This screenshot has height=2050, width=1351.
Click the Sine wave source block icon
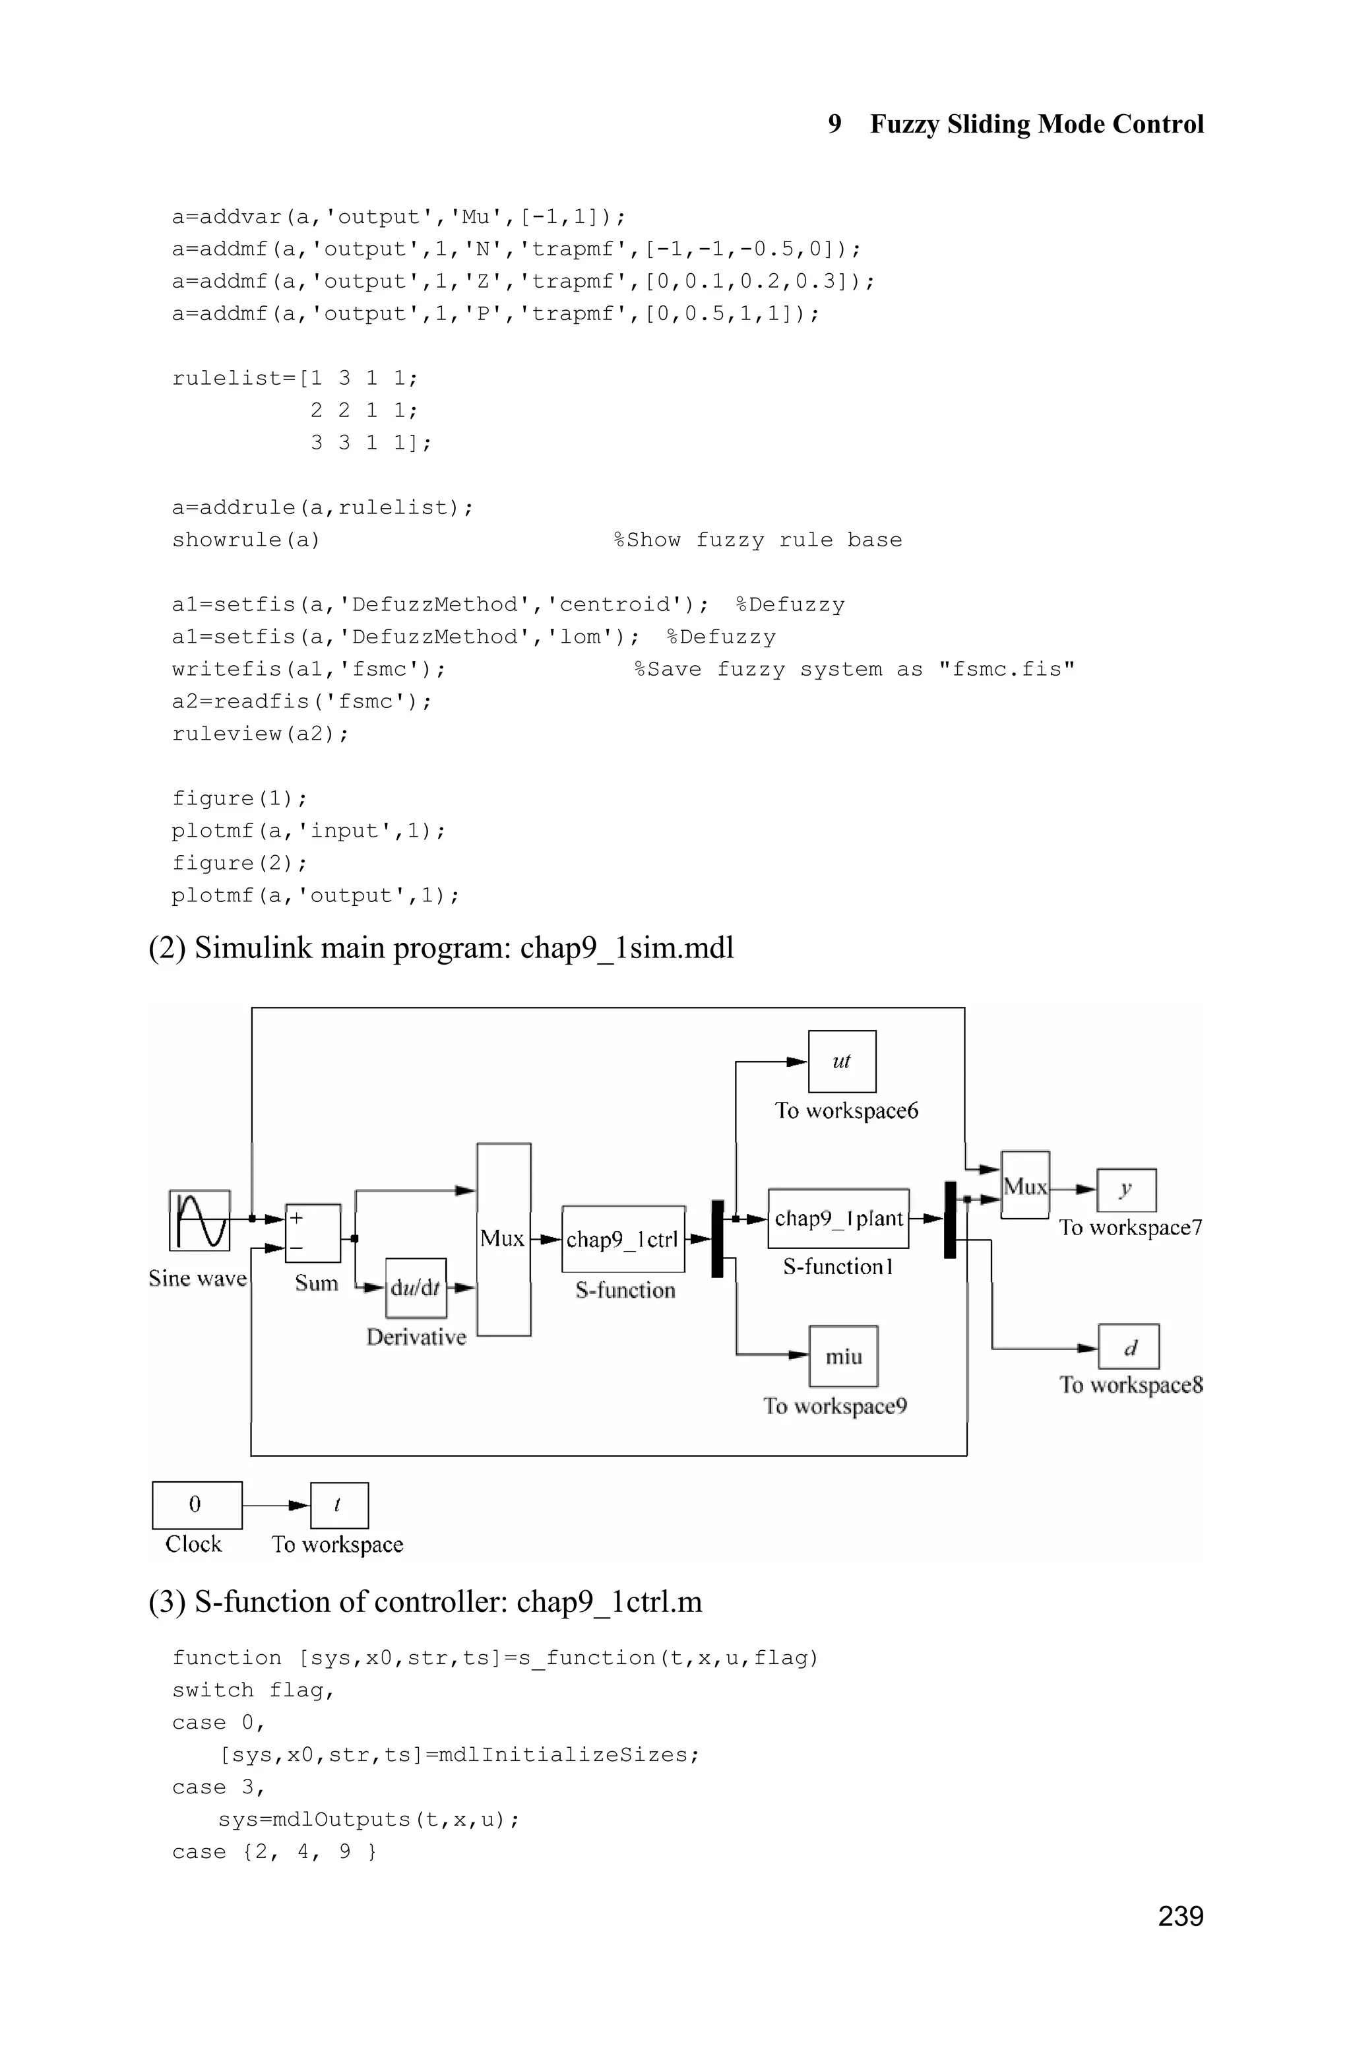coord(200,1220)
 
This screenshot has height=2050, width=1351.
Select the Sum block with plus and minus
coord(313,1233)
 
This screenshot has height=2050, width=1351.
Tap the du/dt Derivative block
coord(416,1287)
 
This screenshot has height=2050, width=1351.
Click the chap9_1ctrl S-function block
coord(623,1239)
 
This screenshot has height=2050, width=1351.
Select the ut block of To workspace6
coord(842,1061)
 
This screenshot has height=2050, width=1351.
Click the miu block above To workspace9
coord(844,1357)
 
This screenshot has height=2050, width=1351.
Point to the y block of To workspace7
coord(1126,1190)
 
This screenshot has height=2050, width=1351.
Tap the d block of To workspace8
coord(1129,1347)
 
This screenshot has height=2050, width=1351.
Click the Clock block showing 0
coord(197,1504)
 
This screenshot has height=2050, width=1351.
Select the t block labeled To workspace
coord(338,1504)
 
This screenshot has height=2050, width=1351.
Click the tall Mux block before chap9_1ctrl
coord(504,1239)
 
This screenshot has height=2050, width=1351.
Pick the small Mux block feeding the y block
coord(1024,1185)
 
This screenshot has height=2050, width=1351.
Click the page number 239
coord(1179,1915)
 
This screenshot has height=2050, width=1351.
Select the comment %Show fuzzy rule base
coord(757,540)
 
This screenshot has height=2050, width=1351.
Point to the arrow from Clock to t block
coord(276,1504)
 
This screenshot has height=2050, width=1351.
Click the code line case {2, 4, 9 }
coord(274,1852)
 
